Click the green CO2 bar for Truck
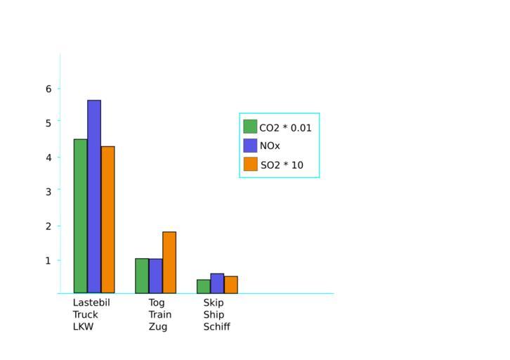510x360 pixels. (81, 216)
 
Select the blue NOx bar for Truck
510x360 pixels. (94, 196)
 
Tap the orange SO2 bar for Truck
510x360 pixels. (107, 219)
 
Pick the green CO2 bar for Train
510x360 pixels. (142, 276)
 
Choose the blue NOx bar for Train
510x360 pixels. (155, 276)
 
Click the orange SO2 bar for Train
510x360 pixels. (169, 262)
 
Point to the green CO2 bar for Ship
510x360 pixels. (204, 286)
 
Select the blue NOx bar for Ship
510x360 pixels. (217, 283)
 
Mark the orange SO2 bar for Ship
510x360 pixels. (231, 285)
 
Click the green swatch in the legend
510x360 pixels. (250, 127)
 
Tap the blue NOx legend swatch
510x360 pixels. (250, 146)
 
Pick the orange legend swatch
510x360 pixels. (250, 165)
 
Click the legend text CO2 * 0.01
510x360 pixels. (285, 128)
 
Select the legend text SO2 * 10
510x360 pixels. (282, 165)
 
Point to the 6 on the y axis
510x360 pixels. (49, 89)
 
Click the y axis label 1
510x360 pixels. (49, 260)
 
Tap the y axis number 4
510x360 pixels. (49, 157)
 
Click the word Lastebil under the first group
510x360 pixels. (91, 302)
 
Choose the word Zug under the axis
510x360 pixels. (158, 327)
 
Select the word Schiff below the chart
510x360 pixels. (216, 327)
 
